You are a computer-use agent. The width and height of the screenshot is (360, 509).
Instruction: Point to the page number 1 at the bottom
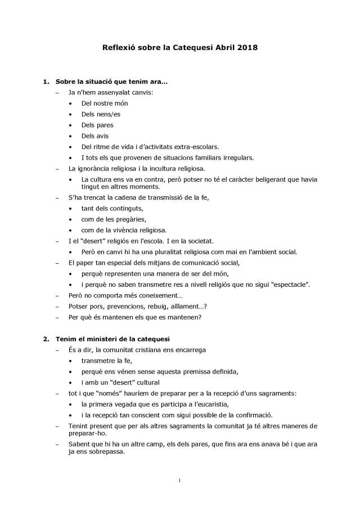(x=179, y=480)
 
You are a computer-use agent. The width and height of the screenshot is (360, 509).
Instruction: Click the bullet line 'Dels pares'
(x=97, y=125)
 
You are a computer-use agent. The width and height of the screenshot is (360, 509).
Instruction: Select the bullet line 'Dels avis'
(x=95, y=136)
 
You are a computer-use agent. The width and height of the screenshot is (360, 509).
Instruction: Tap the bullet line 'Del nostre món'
(x=104, y=103)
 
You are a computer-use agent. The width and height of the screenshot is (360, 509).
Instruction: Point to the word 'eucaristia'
(x=223, y=404)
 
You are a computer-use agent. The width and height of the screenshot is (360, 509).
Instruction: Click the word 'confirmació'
(x=251, y=415)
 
